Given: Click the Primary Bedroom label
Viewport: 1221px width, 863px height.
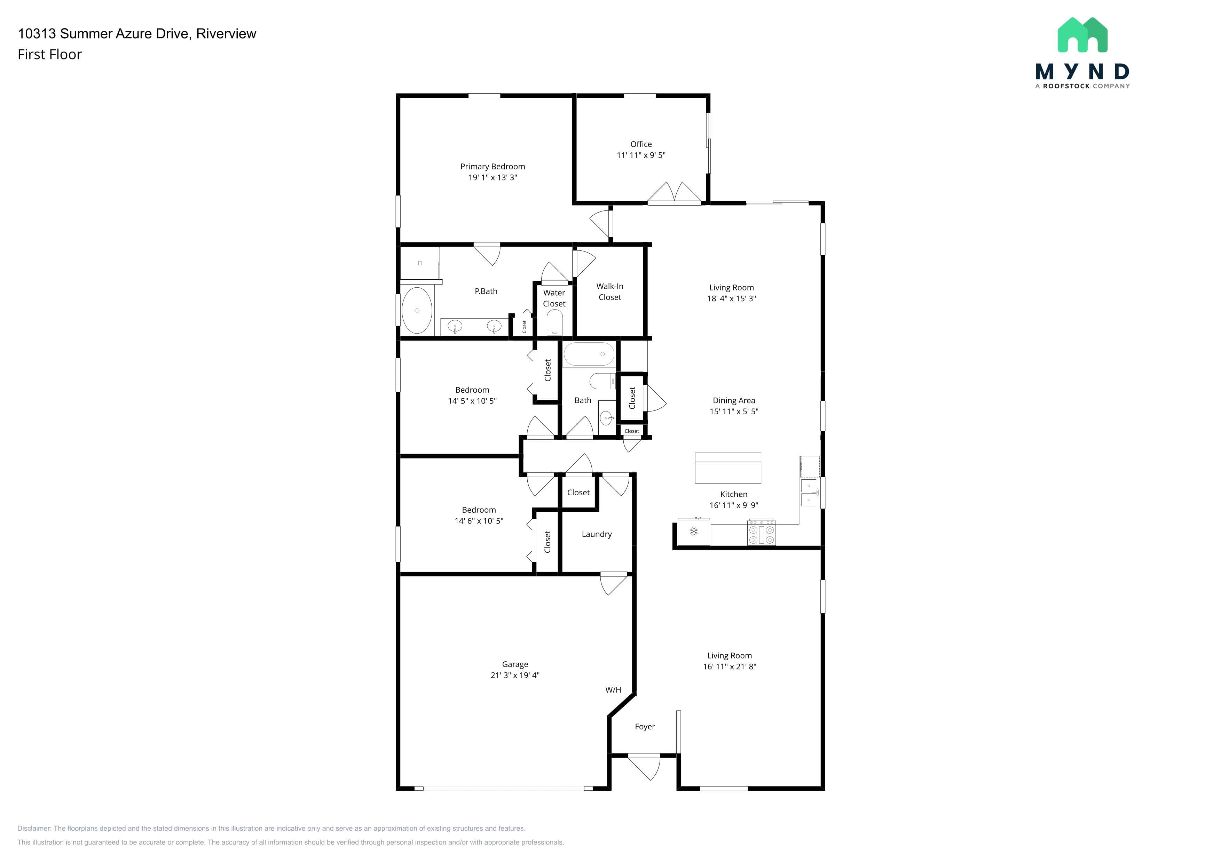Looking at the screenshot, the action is [x=493, y=166].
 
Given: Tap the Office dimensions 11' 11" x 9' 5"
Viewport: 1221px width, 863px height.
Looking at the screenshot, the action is [x=641, y=155].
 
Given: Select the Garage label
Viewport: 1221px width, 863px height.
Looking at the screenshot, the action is [x=515, y=664].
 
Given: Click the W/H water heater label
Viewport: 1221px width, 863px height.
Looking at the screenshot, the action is [x=613, y=690].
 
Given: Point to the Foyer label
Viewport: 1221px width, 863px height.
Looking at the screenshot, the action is [x=645, y=726].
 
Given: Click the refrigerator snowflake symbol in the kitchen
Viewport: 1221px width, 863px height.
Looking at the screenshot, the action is [x=693, y=531].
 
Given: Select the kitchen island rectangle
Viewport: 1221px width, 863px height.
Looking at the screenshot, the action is [x=727, y=468].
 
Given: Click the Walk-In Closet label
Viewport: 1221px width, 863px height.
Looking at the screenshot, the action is [x=610, y=292].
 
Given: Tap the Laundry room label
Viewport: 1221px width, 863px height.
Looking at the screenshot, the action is [x=597, y=534].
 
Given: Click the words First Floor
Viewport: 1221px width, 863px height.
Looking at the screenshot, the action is [x=49, y=54].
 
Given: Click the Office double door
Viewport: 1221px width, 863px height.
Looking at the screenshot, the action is [x=674, y=193].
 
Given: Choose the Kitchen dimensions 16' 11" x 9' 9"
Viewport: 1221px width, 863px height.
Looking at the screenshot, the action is [x=734, y=505].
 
